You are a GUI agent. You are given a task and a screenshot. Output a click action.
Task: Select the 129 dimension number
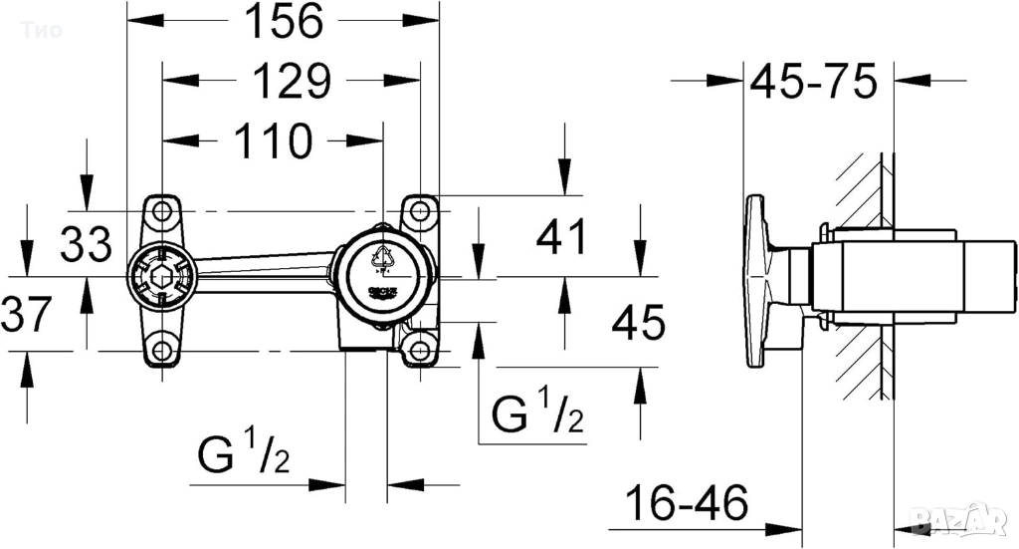290,81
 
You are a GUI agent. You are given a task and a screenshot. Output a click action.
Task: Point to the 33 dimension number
85,243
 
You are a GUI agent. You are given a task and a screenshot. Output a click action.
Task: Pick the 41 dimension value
562,239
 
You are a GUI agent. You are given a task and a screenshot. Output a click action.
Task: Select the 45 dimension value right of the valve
637,323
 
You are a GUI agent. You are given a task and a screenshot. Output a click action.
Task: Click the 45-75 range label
813,82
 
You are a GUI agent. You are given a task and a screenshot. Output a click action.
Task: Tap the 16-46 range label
686,504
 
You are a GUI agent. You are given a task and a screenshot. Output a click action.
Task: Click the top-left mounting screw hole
159,211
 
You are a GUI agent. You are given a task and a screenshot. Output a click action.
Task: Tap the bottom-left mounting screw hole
159,350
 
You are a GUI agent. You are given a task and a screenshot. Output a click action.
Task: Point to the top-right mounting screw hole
420,211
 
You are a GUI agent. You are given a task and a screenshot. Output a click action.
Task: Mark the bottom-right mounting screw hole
420,350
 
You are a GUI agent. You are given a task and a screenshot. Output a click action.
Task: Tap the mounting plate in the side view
760,280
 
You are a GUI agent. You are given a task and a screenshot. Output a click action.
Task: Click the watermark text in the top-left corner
41,30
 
